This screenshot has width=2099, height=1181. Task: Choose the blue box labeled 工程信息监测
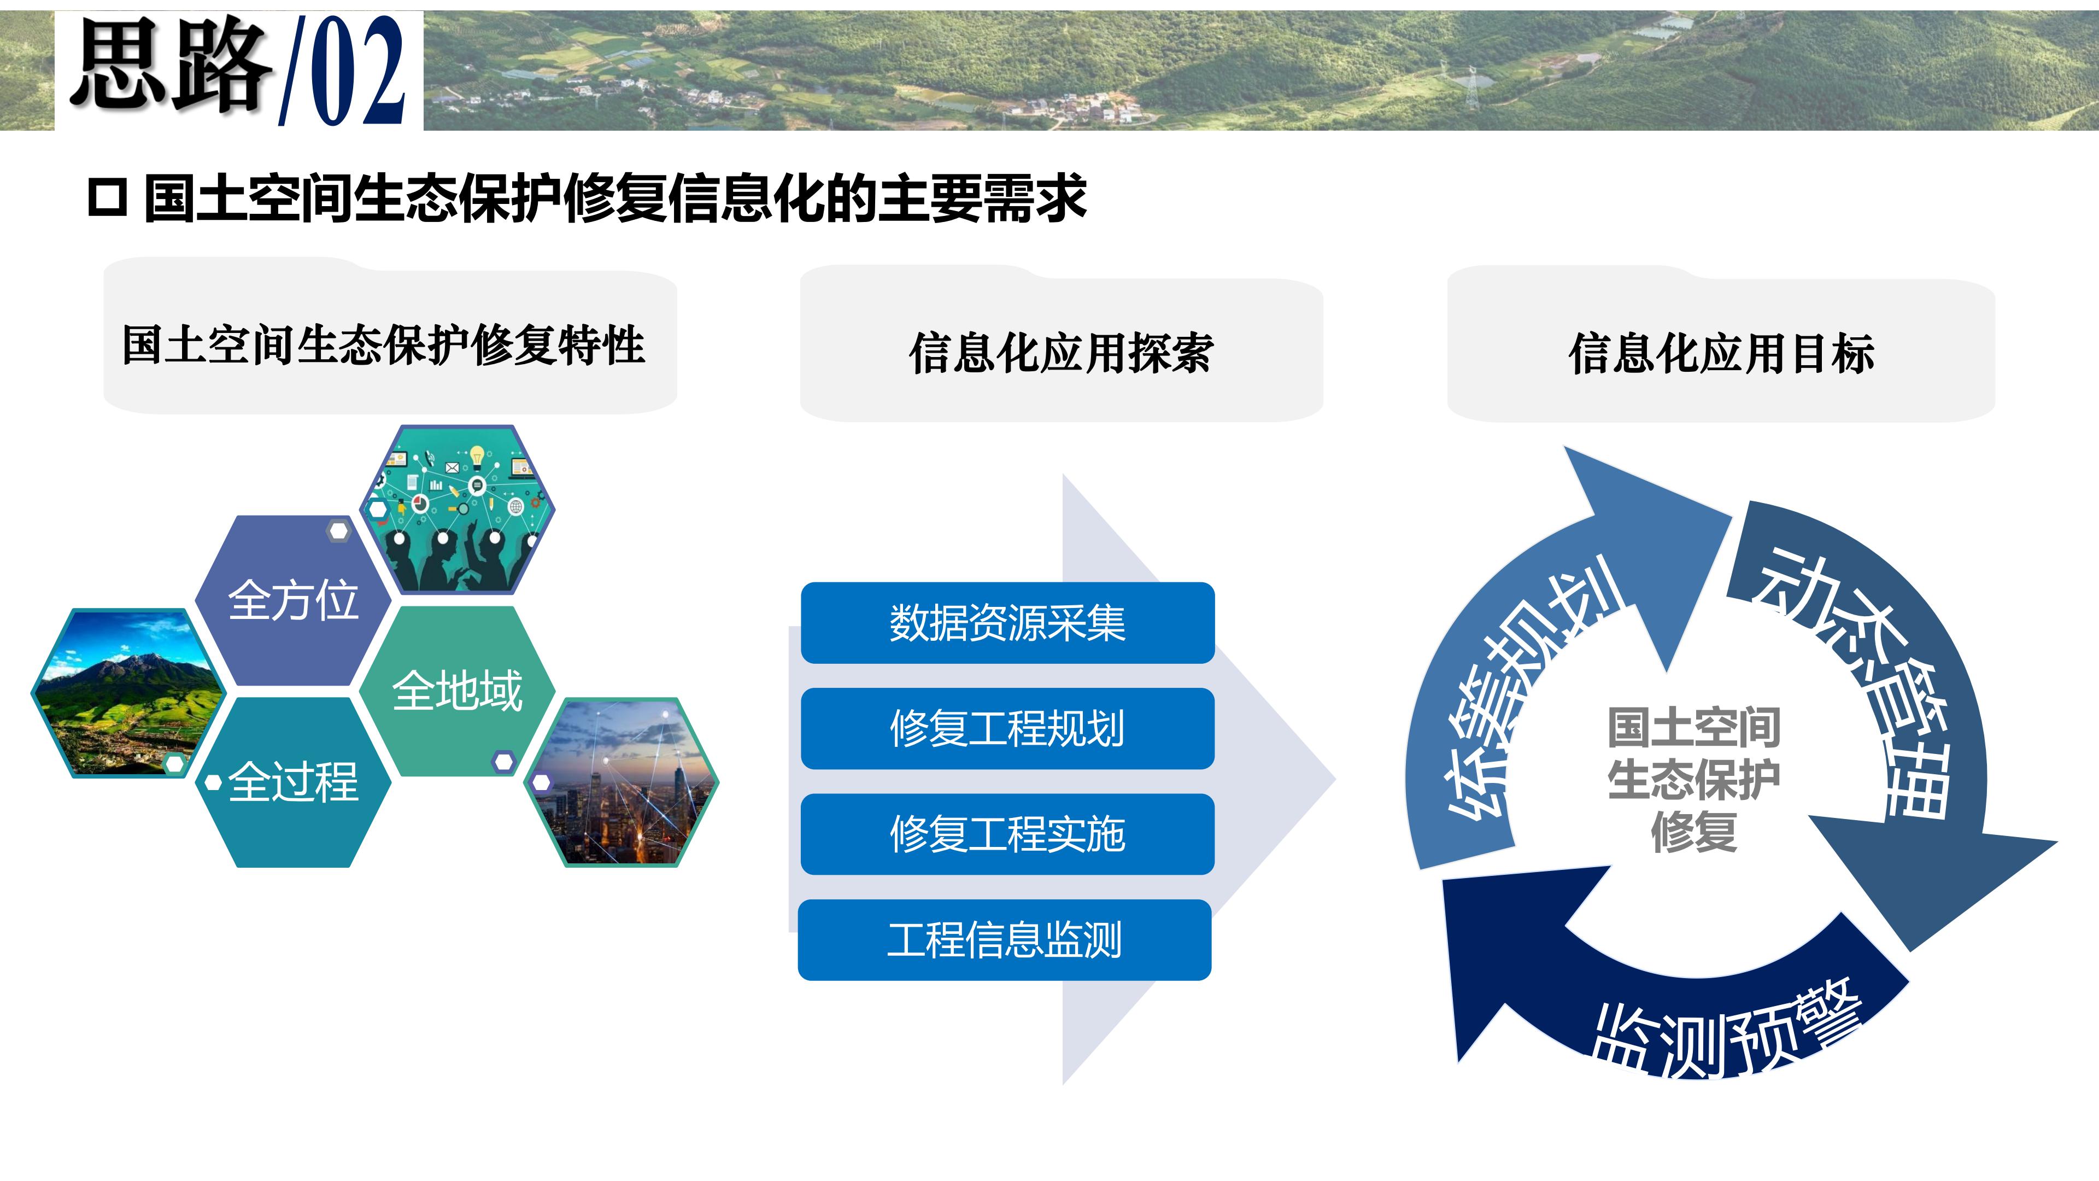tap(1005, 940)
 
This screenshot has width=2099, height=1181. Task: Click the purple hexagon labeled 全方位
tap(294, 601)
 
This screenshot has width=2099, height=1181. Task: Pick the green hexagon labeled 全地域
tap(457, 691)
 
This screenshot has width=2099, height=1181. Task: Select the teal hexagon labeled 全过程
tap(294, 782)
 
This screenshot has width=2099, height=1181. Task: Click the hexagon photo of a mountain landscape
tap(128, 693)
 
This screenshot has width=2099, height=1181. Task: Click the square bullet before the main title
tap(108, 198)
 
